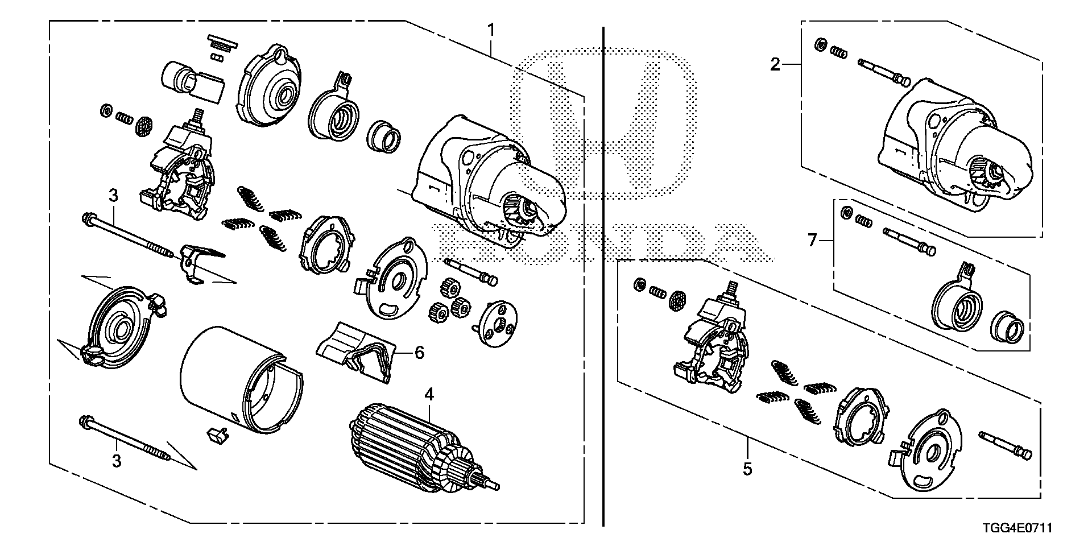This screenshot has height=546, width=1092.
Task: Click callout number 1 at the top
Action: pyautogui.click(x=492, y=30)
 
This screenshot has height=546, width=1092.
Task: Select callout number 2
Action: pyautogui.click(x=775, y=65)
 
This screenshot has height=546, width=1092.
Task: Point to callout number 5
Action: pyautogui.click(x=747, y=469)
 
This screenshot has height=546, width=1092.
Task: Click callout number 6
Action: pyautogui.click(x=419, y=353)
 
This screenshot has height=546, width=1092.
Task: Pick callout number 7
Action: pyautogui.click(x=813, y=241)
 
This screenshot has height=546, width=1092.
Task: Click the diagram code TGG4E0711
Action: pyautogui.click(x=1018, y=528)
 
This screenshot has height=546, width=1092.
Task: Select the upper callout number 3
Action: pyautogui.click(x=113, y=196)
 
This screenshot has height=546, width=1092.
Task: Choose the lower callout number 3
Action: pyautogui.click(x=117, y=461)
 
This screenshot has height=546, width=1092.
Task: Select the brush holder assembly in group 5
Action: pyautogui.click(x=714, y=346)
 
